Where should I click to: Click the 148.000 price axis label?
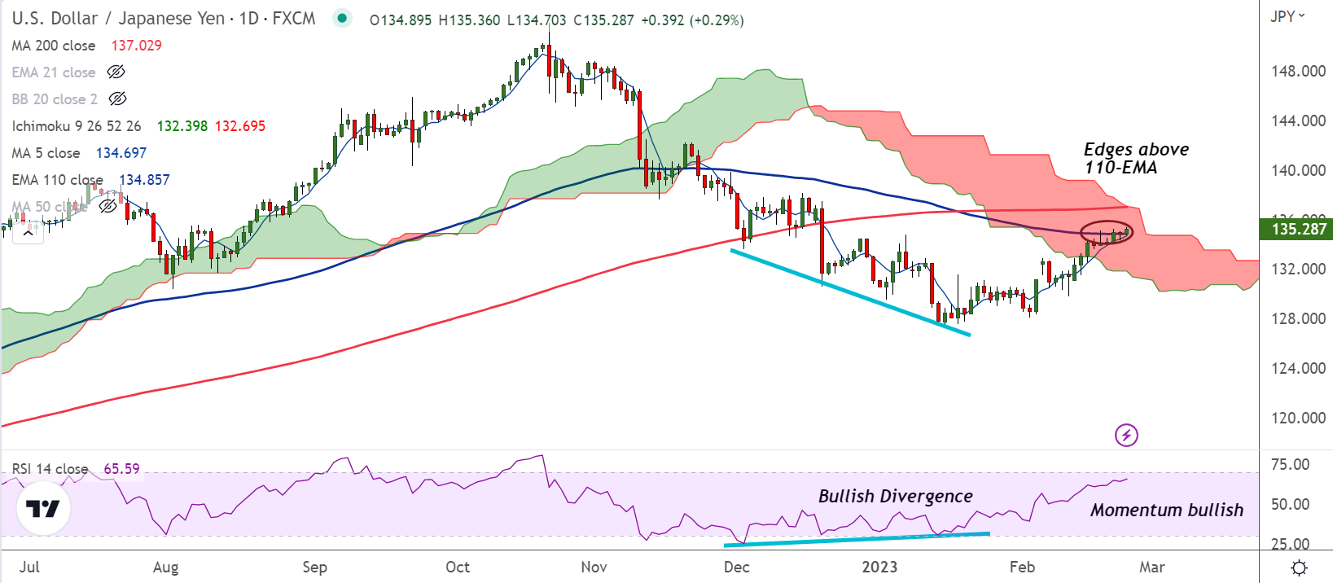1298,72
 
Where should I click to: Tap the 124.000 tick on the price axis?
1298,369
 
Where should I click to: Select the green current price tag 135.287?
1298,230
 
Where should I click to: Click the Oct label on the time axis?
458,568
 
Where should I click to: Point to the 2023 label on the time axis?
879,568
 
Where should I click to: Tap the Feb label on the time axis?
1022,568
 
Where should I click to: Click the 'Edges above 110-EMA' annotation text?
1135,159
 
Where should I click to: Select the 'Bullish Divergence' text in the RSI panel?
895,497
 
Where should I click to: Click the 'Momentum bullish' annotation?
1166,511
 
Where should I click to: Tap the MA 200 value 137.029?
136,46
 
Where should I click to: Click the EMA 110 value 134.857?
144,180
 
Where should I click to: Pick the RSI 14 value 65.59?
121,469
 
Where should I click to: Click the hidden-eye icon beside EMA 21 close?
116,72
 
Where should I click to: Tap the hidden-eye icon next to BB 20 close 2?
117,99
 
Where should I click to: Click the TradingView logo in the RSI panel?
43,509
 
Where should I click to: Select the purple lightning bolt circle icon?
1126,435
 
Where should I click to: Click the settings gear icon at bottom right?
1300,568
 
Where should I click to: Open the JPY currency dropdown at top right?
1287,16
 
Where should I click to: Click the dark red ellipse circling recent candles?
1106,233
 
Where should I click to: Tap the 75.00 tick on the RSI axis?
1290,465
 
